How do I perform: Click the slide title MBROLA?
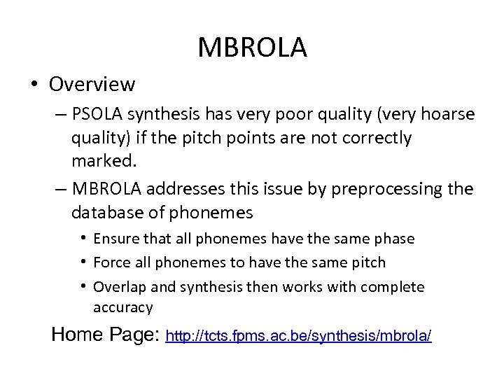point(252,48)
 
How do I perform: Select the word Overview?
point(92,85)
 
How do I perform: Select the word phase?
point(396,239)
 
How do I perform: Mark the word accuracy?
point(122,307)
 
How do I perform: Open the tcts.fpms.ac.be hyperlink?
point(298,337)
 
